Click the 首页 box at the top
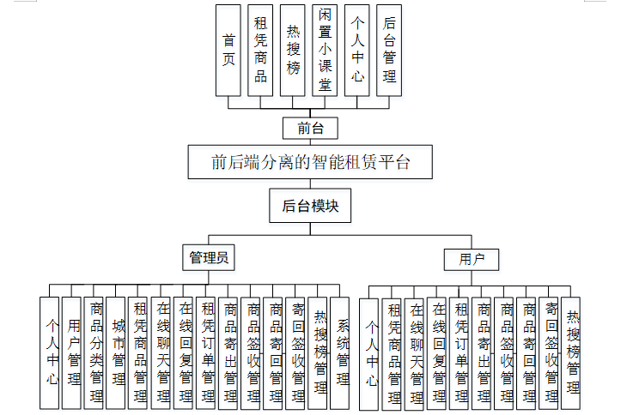(228, 50)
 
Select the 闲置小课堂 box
(325, 50)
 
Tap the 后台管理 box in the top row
(389, 50)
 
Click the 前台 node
(310, 129)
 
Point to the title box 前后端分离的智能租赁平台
(310, 161)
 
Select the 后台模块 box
(310, 207)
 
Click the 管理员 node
(209, 256)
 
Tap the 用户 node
(472, 259)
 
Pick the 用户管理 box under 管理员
(73, 352)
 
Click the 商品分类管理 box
(95, 352)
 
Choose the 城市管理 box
(118, 352)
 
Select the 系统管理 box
(341, 352)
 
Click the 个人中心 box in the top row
(357, 50)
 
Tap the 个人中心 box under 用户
(370, 352)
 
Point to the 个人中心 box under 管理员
(51, 352)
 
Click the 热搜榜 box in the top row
(293, 50)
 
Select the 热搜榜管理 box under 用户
(571, 352)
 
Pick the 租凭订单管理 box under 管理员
(207, 352)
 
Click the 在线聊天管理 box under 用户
(415, 352)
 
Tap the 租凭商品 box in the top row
(260, 50)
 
